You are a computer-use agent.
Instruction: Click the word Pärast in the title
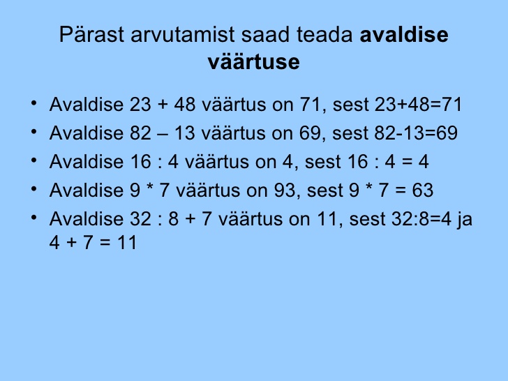[91, 34]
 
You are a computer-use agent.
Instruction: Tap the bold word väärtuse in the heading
[254, 61]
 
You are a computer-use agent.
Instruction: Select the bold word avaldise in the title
[404, 34]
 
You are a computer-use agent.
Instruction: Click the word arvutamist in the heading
[182, 34]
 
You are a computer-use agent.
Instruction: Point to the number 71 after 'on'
[310, 105]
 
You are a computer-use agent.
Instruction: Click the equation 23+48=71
[418, 105]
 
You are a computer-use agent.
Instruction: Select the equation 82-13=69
[416, 133]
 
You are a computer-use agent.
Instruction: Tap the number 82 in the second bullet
[140, 133]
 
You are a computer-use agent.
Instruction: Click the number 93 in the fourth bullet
[285, 190]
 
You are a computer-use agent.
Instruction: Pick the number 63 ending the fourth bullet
[422, 190]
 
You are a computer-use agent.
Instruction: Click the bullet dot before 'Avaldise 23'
[33, 103]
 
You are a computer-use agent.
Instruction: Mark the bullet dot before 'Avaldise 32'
[33, 218]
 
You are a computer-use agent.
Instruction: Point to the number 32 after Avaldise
[140, 218]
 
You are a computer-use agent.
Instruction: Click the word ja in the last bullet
[465, 219]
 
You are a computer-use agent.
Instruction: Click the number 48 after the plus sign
[185, 105]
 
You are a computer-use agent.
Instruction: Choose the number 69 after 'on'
[309, 133]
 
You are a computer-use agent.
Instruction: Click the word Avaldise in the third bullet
[87, 162]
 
